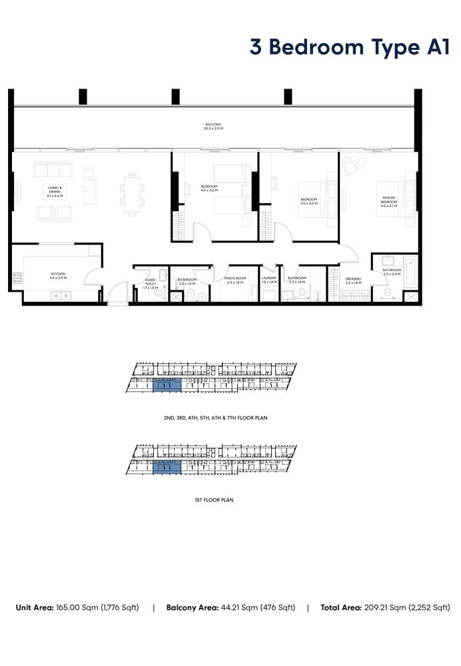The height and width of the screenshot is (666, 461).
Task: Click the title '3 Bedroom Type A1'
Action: (350, 48)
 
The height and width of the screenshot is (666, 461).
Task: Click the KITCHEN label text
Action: (59, 276)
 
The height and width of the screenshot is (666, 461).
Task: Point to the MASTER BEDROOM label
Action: (389, 202)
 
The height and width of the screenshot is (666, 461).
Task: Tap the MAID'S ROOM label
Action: (236, 280)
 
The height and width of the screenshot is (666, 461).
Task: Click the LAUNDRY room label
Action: (269, 280)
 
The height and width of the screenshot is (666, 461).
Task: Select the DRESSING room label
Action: (353, 281)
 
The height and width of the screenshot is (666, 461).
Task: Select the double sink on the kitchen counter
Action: (62, 295)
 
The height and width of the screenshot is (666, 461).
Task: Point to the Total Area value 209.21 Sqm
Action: (403, 607)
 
